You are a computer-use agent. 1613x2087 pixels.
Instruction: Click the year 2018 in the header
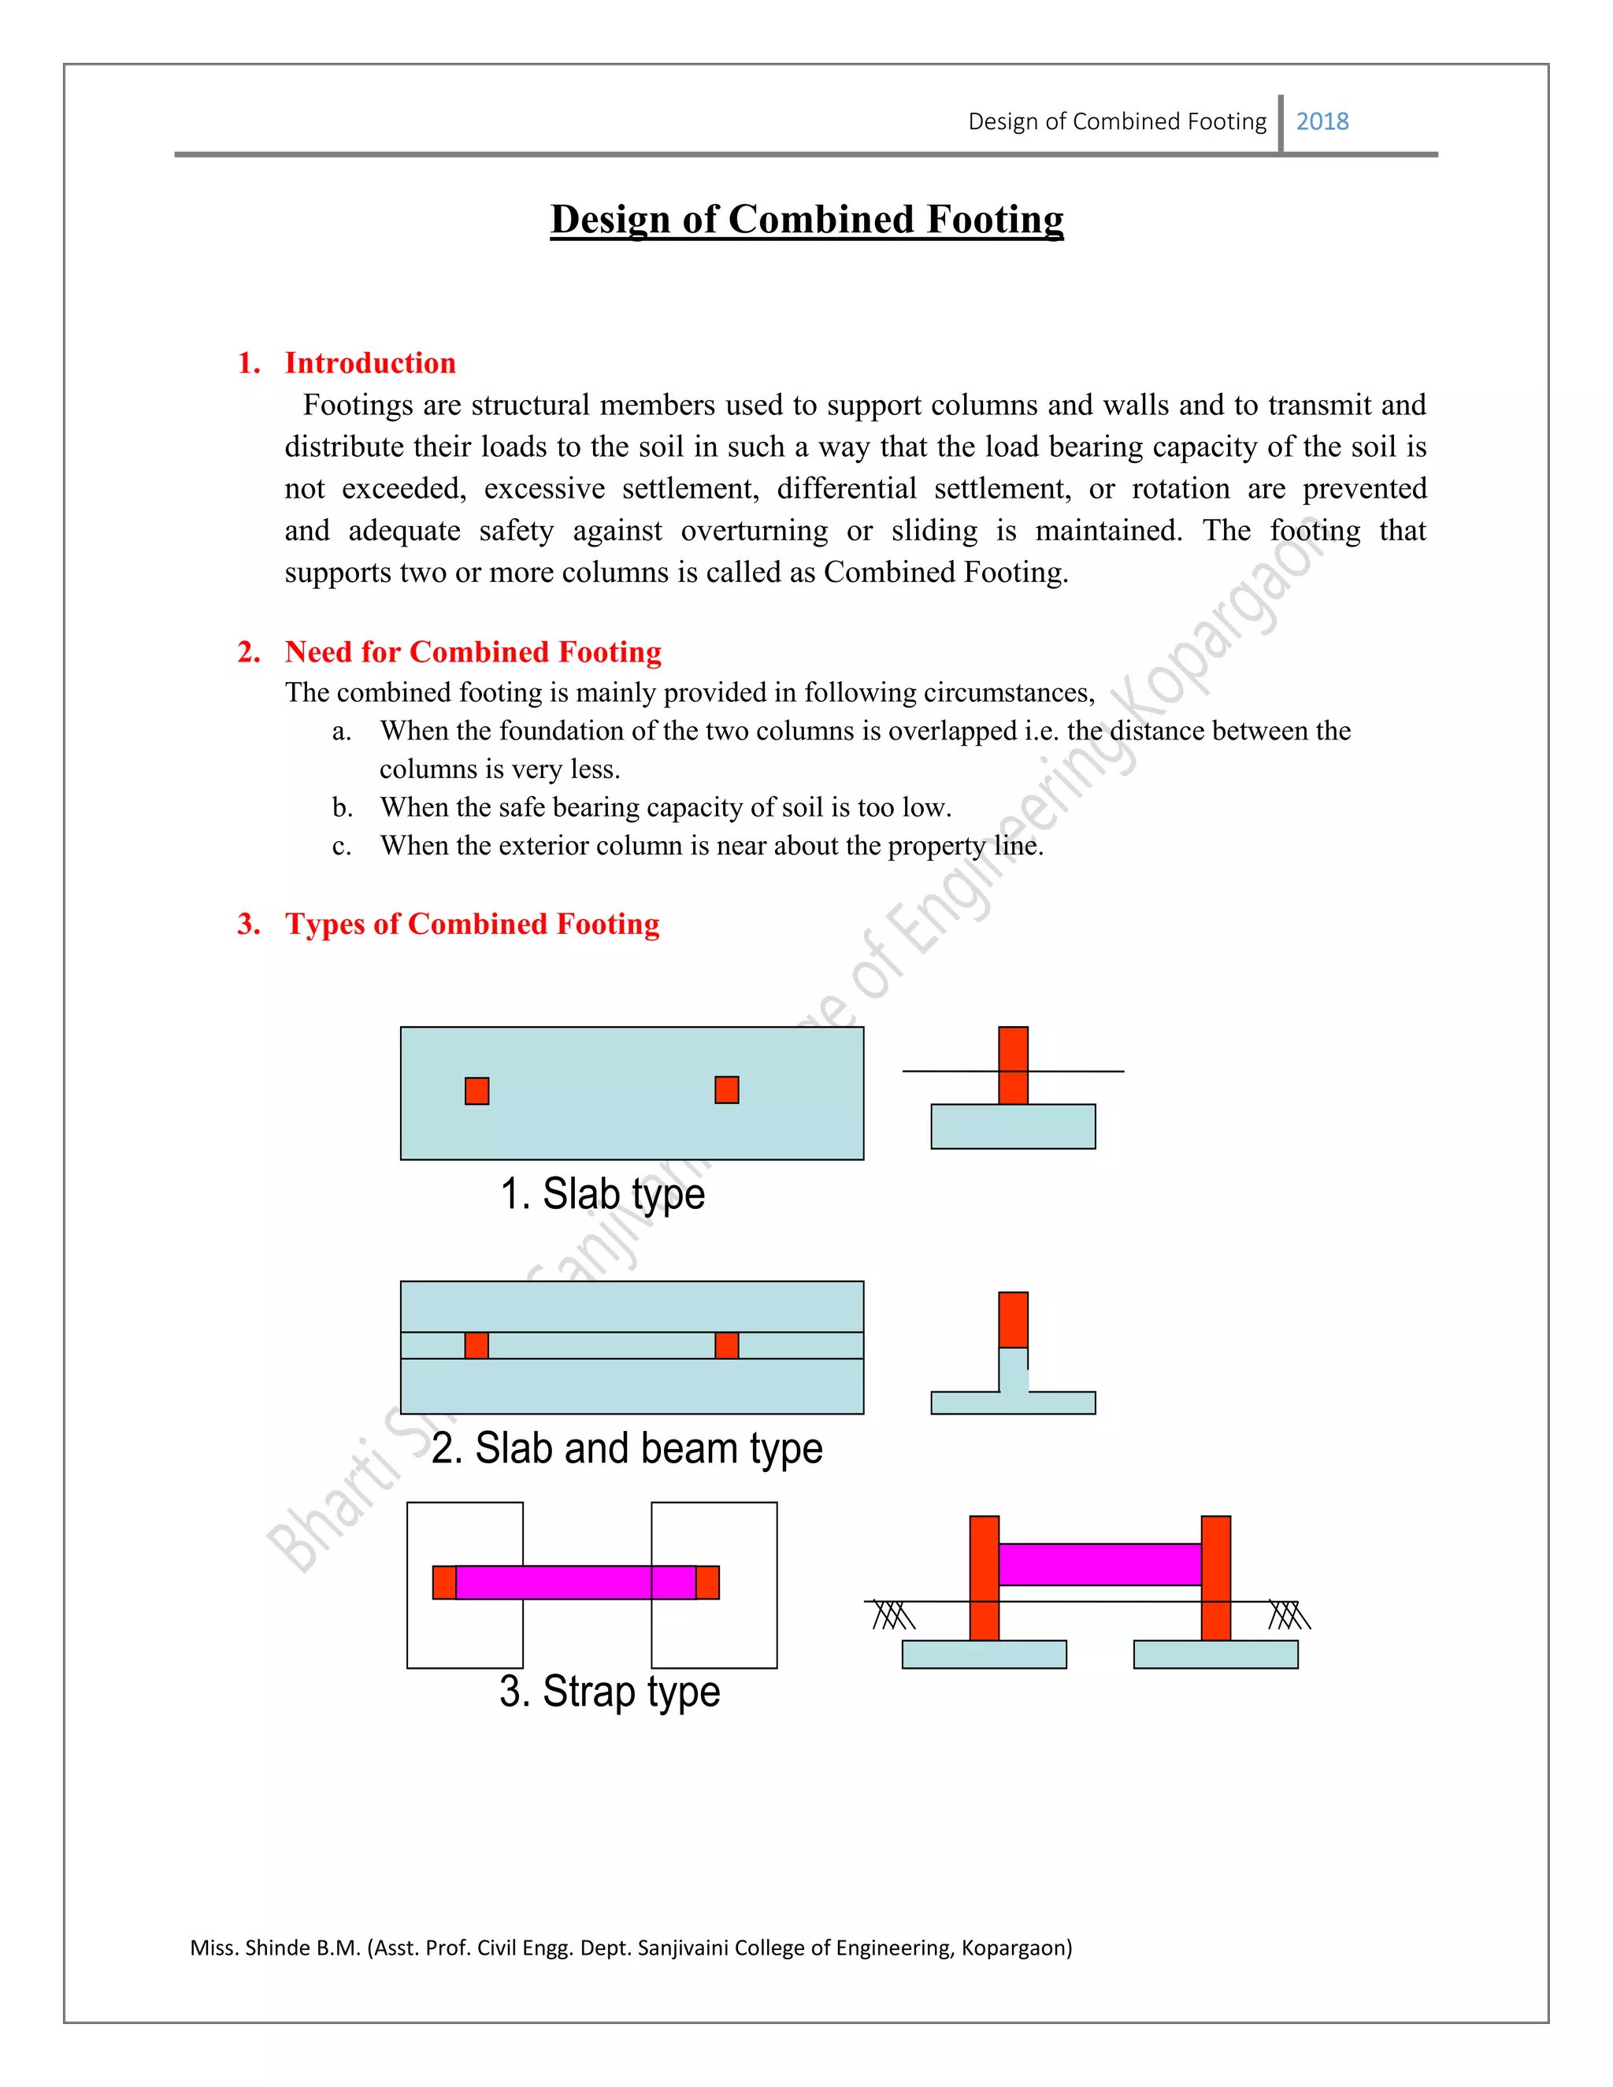(x=1322, y=121)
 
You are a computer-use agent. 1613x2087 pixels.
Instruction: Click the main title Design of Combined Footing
(x=806, y=219)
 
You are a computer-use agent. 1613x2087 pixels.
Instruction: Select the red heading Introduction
(x=370, y=363)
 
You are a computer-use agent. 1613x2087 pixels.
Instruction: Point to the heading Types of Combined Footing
(x=471, y=924)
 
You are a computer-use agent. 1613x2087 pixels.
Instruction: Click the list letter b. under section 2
(x=342, y=807)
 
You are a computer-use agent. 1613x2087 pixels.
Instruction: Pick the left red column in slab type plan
(x=476, y=1090)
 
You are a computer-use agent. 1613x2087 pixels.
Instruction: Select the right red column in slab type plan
(x=726, y=1089)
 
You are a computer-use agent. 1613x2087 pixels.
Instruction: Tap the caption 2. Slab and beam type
(x=626, y=1448)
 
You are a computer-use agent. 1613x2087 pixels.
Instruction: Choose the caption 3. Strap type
(x=609, y=1692)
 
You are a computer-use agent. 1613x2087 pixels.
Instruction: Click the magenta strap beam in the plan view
(x=575, y=1582)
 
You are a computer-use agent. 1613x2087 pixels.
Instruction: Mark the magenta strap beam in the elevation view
(x=1099, y=1564)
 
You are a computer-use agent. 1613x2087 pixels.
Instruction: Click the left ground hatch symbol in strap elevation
(x=893, y=1616)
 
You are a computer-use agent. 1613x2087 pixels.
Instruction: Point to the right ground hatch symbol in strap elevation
(x=1289, y=1616)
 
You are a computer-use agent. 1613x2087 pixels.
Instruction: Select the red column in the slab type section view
(x=1013, y=1065)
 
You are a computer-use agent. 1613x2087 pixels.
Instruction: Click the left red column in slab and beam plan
(x=476, y=1345)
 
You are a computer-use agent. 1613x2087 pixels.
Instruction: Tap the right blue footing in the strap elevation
(x=1215, y=1654)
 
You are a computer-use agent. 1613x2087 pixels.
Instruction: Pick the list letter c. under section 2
(x=342, y=846)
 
